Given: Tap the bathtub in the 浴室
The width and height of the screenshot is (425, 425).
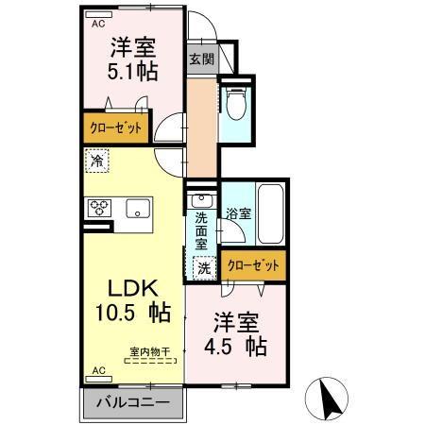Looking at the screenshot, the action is pos(271,214).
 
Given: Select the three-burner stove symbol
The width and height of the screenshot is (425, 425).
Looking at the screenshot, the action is pos(99,208).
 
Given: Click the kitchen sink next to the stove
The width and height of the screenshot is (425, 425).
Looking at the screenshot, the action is pos(138,208).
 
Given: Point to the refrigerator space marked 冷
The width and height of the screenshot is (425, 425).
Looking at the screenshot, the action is pos(97,161).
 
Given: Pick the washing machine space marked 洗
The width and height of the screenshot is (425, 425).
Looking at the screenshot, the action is pos(204,268).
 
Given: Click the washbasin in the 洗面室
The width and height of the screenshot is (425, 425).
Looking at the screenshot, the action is pos(201,200).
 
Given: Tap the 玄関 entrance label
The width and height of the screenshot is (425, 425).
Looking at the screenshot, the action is pos(202,59).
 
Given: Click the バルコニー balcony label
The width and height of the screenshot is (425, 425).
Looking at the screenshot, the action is pos(133,402).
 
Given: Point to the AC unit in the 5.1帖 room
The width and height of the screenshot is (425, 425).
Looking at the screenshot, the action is pos(98,15).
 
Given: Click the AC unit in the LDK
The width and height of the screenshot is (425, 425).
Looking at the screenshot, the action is pos(99,379).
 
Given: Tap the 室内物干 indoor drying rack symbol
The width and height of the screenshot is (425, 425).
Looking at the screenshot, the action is pos(150,361).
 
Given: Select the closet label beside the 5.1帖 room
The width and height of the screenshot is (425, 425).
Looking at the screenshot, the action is pos(116,127).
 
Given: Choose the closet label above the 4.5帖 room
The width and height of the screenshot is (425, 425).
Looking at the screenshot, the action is pos(253,265).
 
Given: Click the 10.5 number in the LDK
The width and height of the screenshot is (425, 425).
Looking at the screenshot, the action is pos(115,312).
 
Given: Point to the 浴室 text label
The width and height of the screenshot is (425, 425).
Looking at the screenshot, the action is pos(239,213).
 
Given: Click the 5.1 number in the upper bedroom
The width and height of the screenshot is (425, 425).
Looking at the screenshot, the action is pos(120,72).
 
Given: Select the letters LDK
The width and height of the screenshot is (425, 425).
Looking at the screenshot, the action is pos(133,288).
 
